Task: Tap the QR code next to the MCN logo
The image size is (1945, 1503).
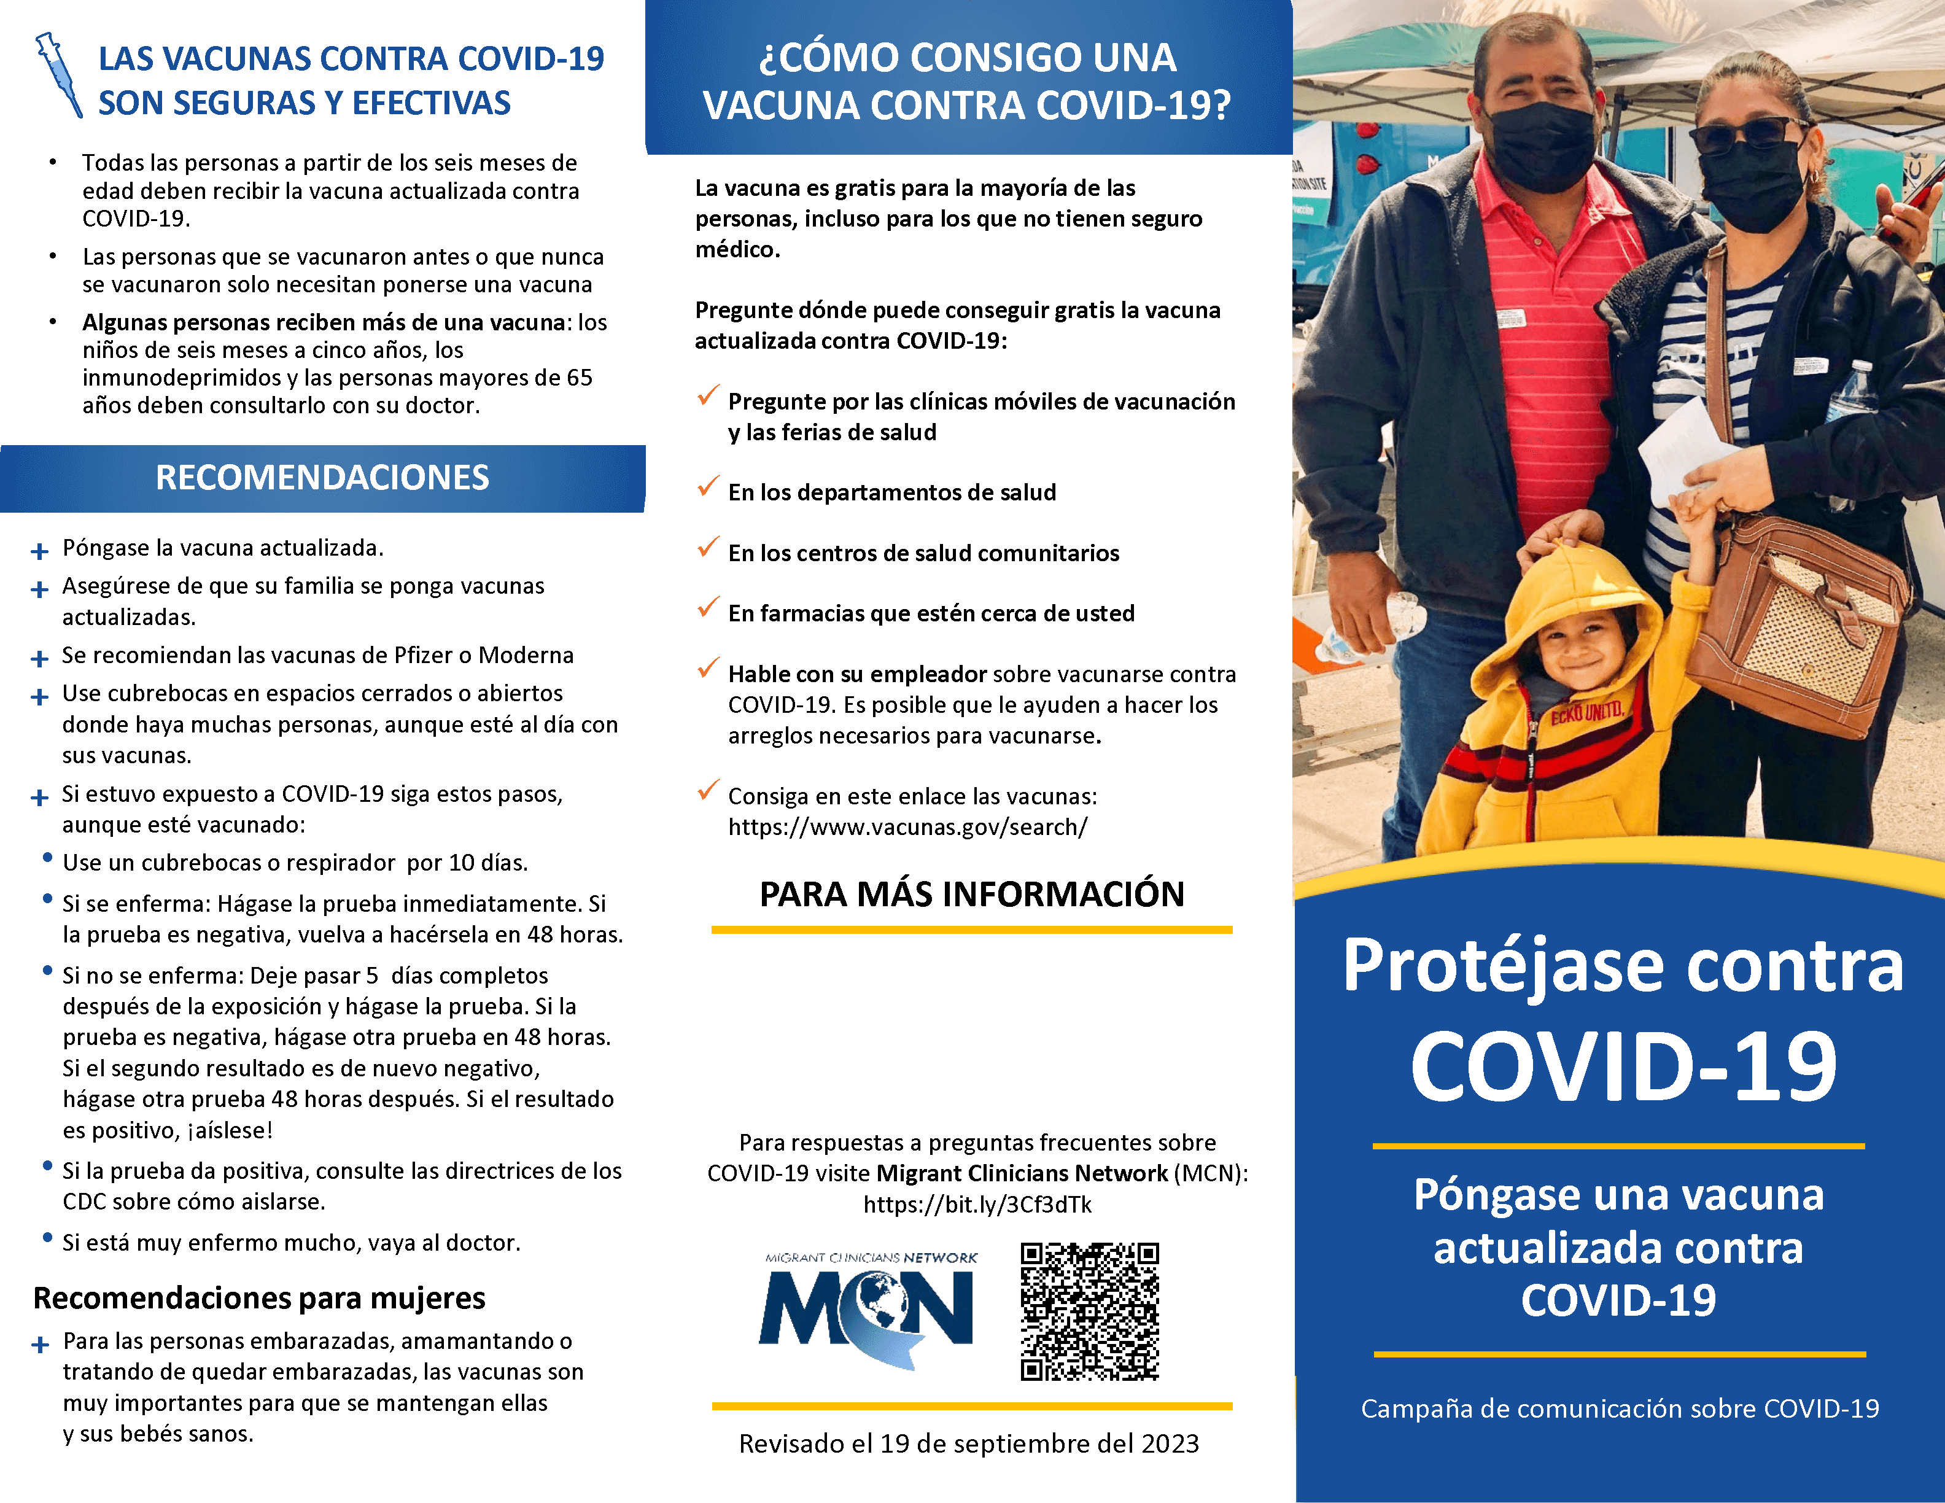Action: [x=1089, y=1311]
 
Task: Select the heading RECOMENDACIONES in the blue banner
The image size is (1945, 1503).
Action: [x=322, y=478]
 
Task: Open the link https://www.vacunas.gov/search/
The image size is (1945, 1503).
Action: [x=907, y=827]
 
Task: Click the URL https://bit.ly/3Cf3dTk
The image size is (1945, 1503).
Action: [x=977, y=1205]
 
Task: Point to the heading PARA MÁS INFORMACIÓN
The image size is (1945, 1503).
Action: [x=972, y=894]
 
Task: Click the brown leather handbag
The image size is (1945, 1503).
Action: [x=1799, y=623]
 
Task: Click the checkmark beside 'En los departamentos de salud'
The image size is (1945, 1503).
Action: [x=708, y=486]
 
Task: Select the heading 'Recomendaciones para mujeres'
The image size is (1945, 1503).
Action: [x=259, y=1298]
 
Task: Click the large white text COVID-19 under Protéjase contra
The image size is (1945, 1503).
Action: [x=1623, y=1066]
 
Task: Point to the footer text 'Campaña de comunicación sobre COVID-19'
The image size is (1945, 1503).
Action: [x=1619, y=1408]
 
